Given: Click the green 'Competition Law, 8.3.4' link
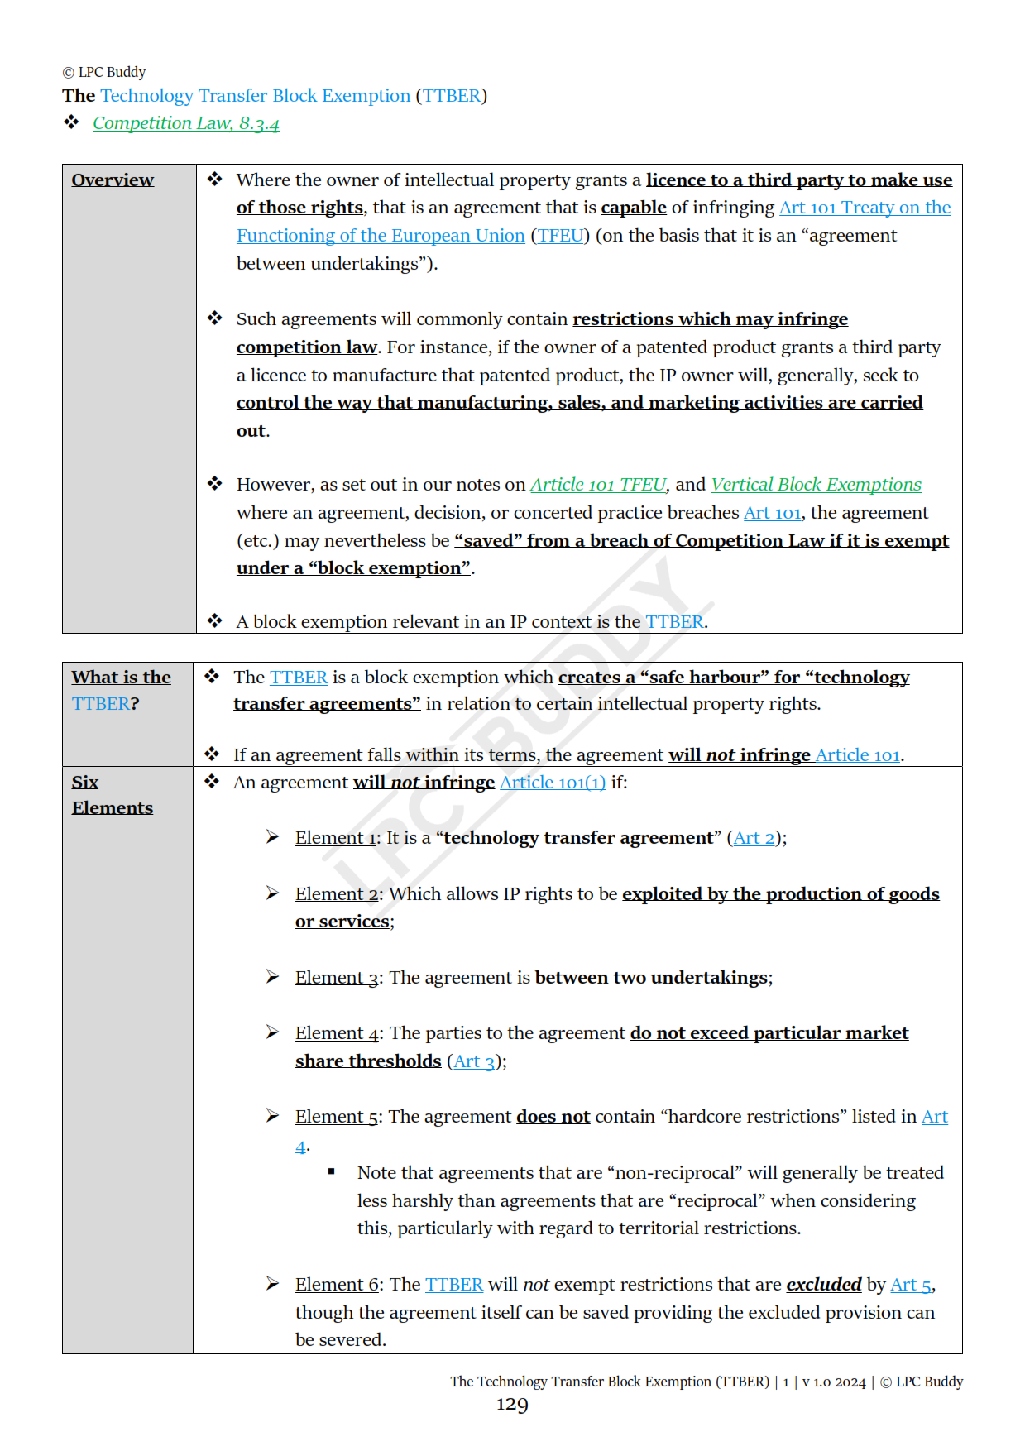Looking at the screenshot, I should pyautogui.click(x=185, y=123).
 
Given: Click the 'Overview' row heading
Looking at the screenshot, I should pyautogui.click(x=113, y=180).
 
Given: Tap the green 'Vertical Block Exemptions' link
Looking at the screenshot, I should pyautogui.click(x=816, y=485).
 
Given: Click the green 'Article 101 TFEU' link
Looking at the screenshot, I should pyautogui.click(x=597, y=485).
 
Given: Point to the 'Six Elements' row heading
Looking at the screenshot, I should pyautogui.click(x=112, y=795).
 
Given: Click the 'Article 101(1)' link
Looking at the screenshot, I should pyautogui.click(x=552, y=783).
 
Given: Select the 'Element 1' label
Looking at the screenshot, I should pyautogui.click(x=337, y=838).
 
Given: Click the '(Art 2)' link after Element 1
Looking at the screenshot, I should pyautogui.click(x=754, y=838).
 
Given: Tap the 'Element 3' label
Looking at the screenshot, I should pyautogui.click(x=337, y=978).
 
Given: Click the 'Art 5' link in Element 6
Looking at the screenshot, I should pyautogui.click(x=911, y=1285).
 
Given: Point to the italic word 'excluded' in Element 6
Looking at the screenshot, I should pyautogui.click(x=823, y=1285).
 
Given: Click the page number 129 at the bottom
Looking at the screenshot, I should pyautogui.click(x=512, y=1405).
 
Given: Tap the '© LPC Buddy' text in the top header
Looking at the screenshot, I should pyautogui.click(x=104, y=72).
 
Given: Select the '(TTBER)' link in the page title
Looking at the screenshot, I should pyautogui.click(x=452, y=96).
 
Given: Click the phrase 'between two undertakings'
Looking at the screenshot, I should pyautogui.click(x=651, y=978).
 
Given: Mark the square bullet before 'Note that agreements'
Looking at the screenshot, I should pyautogui.click(x=332, y=1171).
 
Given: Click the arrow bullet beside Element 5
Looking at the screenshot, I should pyautogui.click(x=272, y=1116).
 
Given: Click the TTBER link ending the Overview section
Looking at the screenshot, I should pyautogui.click(x=674, y=622).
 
